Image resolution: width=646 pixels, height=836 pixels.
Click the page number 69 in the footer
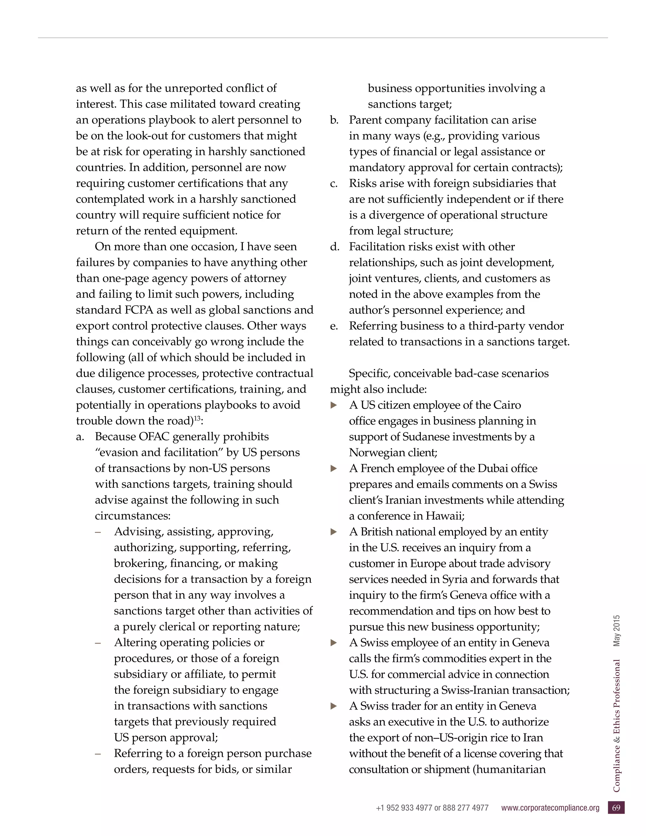click(616, 808)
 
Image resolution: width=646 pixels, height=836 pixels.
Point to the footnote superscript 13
click(197, 418)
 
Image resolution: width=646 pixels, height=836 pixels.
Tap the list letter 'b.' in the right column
click(334, 120)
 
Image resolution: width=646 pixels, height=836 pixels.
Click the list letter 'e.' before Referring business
click(334, 326)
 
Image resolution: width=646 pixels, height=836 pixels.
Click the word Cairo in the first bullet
click(507, 405)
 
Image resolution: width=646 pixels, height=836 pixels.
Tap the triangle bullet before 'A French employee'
click(334, 468)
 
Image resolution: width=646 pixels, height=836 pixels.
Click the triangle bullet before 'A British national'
click(334, 532)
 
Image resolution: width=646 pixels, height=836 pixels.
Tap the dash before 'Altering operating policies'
click(98, 643)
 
